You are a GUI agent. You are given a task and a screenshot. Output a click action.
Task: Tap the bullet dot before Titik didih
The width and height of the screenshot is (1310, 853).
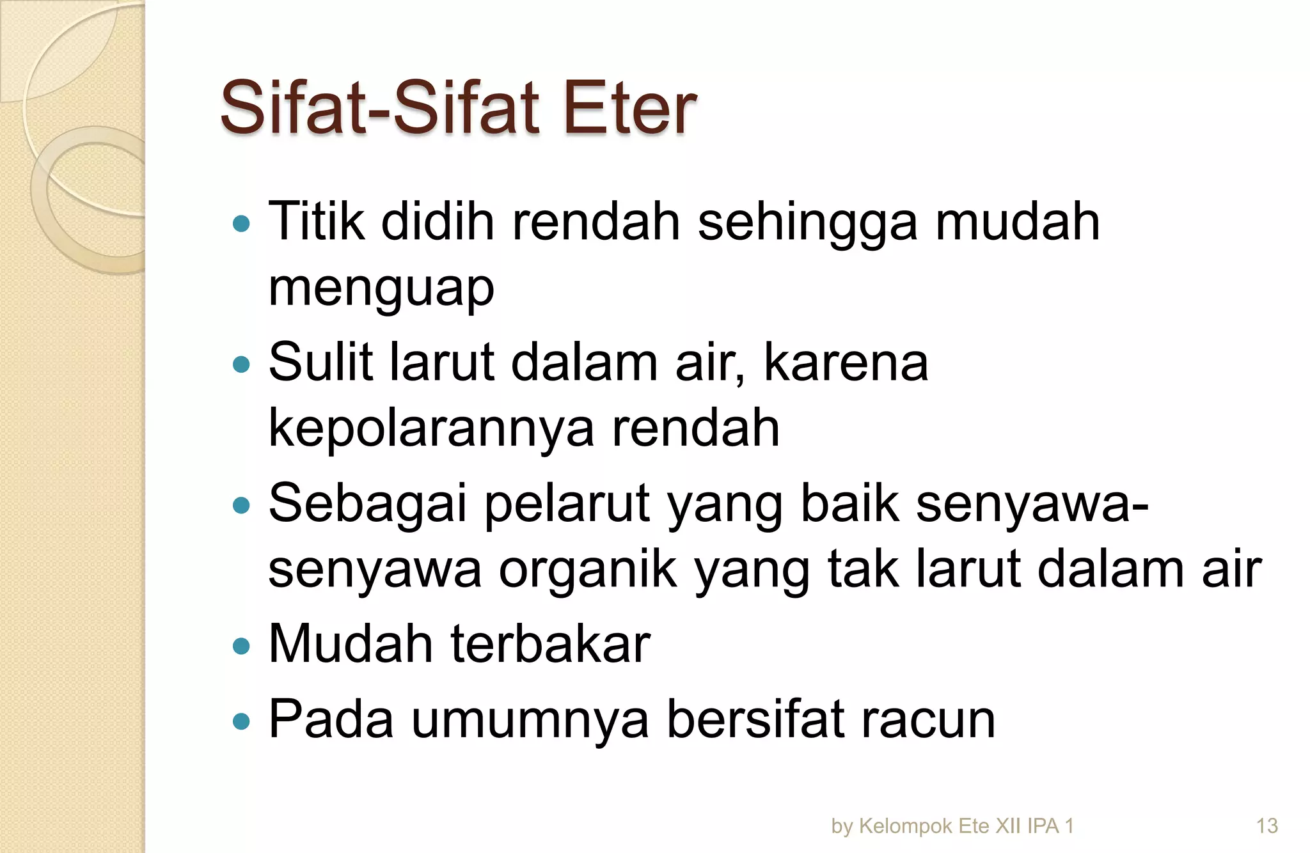click(241, 224)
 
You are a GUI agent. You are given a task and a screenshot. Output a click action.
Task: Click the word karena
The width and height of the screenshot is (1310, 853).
click(846, 363)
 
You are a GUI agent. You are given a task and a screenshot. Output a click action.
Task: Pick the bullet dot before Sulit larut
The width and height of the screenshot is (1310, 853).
click(241, 364)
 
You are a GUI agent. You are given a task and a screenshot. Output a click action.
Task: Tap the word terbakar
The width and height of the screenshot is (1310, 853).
click(551, 644)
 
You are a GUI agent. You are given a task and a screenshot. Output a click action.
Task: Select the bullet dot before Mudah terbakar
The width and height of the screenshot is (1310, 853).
click(241, 646)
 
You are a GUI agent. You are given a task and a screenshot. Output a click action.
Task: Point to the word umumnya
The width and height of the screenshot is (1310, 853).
click(530, 719)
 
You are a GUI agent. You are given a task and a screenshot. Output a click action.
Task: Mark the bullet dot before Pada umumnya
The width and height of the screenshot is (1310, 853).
click(241, 722)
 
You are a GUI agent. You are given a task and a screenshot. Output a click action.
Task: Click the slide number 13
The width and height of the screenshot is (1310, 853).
click(1267, 826)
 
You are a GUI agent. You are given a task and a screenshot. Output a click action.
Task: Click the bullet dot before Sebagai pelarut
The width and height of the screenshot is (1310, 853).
click(241, 506)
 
